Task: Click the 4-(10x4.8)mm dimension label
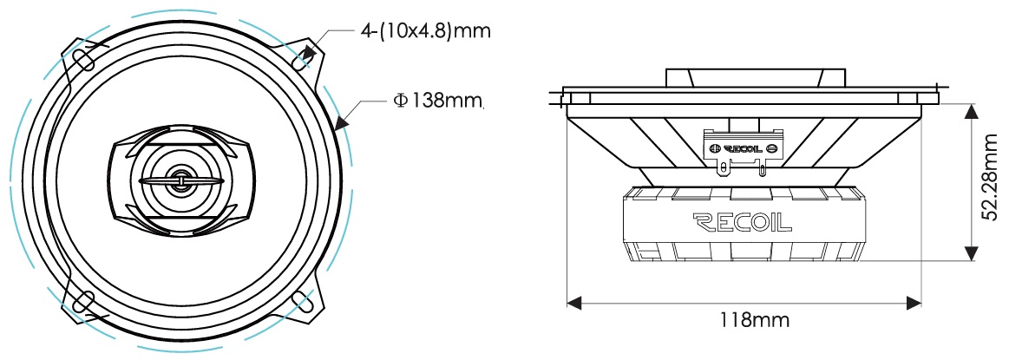tap(424, 30)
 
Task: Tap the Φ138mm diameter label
tap(437, 101)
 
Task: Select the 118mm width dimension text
tap(746, 319)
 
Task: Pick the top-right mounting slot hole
tap(301, 59)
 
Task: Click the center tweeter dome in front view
tap(180, 180)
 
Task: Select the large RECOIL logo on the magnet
tap(742, 222)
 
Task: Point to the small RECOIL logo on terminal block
tap(744, 148)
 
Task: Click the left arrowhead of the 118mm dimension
tap(574, 302)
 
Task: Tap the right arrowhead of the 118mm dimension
tap(914, 302)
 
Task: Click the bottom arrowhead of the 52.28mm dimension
tap(971, 253)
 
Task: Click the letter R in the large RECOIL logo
tap(702, 222)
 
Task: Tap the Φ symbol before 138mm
tap(400, 101)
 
